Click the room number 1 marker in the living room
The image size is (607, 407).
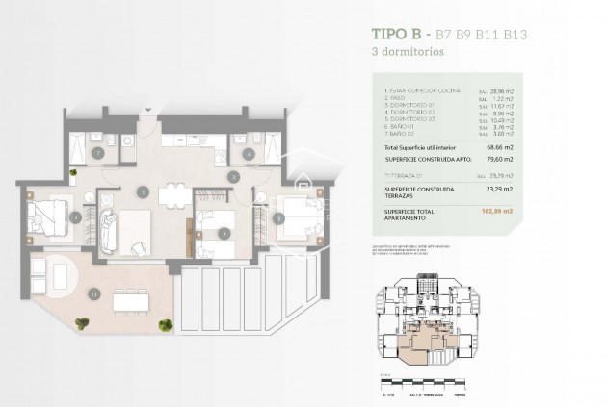[142, 191]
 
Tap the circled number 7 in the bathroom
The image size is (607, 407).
[97, 153]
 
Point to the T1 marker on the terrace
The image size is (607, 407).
[93, 293]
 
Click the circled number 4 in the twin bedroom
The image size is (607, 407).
[224, 232]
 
